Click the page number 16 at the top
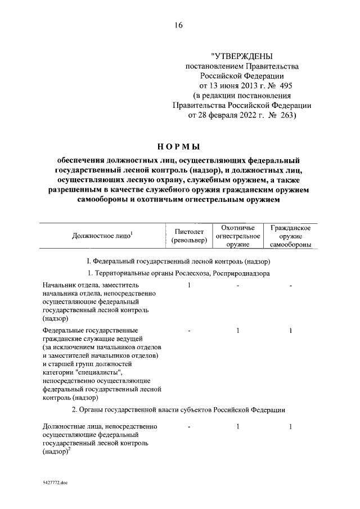[179, 25]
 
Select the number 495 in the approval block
[285, 85]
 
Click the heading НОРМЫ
[178, 147]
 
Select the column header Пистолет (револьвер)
[190, 236]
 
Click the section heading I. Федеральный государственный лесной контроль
[178, 262]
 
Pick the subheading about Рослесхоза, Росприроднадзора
[178, 273]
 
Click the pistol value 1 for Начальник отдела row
[190, 286]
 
